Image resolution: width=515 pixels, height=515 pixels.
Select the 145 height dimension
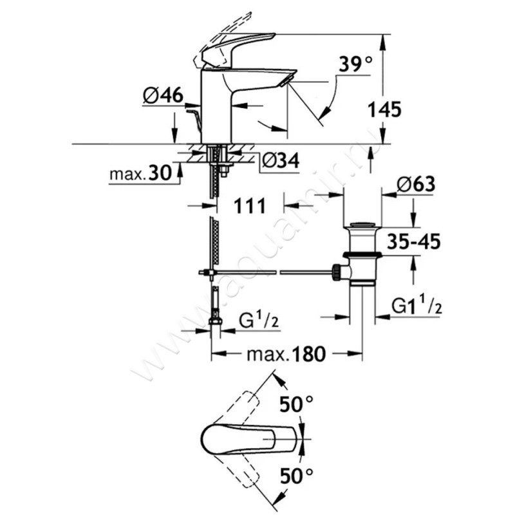(x=385, y=109)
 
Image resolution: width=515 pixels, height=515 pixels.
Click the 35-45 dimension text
(x=411, y=243)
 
